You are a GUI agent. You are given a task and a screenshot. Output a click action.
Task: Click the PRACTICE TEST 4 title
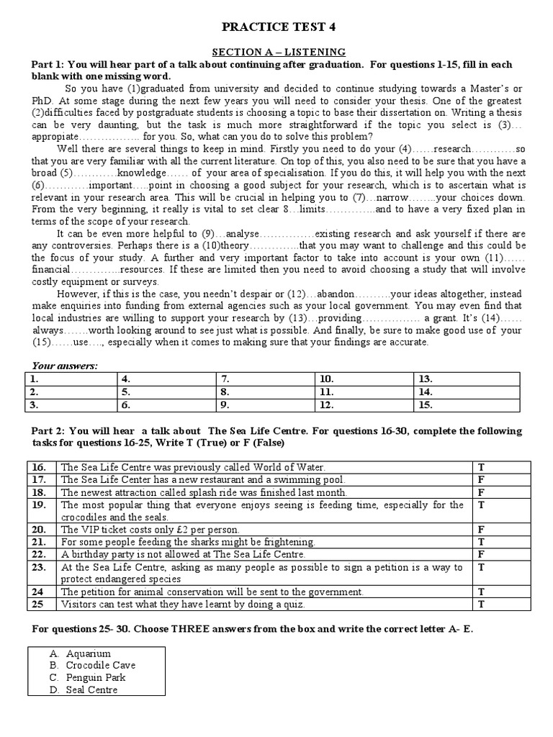[x=277, y=27]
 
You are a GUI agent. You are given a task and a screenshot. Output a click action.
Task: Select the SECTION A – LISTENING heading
[x=277, y=52]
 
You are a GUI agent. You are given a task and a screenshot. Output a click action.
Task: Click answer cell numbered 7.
[x=266, y=379]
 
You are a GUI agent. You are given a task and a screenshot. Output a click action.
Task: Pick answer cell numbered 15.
[x=465, y=404]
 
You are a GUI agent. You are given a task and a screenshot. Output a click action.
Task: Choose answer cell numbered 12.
[x=364, y=404]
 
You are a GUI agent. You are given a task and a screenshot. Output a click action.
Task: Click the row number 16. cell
[x=42, y=467]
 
